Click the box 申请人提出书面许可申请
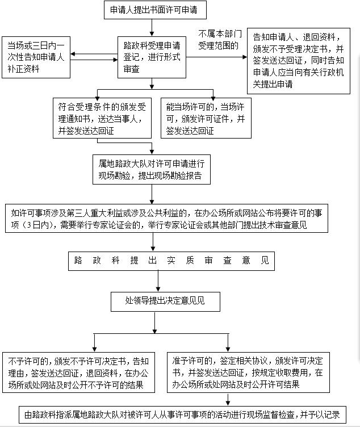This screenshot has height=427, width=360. click(x=155, y=10)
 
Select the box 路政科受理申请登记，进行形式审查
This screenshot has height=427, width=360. click(x=152, y=57)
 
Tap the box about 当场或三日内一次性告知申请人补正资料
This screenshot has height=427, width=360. click(x=36, y=57)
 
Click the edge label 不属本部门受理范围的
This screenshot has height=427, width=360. click(x=220, y=40)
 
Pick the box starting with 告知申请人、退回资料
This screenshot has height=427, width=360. click(x=299, y=61)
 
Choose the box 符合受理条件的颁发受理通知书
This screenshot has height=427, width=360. click(x=102, y=118)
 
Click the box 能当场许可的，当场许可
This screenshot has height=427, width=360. click(x=206, y=118)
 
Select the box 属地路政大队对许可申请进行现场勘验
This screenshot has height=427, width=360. click(x=152, y=169)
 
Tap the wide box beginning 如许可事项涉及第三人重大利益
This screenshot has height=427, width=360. click(x=166, y=219)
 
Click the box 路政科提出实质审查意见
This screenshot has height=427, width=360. click(x=171, y=261)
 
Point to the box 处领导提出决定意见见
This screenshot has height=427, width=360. click(x=165, y=302)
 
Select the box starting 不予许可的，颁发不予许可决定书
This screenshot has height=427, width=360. click(x=79, y=372)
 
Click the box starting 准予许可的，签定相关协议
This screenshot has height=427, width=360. click(x=248, y=372)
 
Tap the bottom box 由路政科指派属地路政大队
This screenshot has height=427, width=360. click(x=183, y=415)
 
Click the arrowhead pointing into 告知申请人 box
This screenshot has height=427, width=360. click(x=245, y=57)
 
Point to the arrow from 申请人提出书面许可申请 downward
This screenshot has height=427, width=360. click(x=152, y=28)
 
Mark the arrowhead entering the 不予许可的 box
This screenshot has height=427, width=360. click(x=94, y=350)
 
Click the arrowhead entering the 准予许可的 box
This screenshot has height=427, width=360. click(x=228, y=350)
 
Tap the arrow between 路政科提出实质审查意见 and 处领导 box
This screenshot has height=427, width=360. click(x=158, y=281)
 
